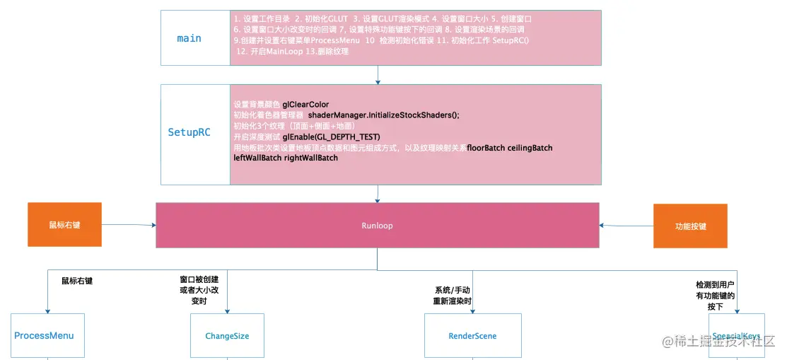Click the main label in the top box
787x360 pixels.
click(x=189, y=38)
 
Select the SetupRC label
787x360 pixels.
click(x=189, y=132)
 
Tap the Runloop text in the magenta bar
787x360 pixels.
click(x=377, y=226)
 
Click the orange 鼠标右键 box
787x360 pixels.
click(x=64, y=226)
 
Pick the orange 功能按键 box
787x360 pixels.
click(x=690, y=226)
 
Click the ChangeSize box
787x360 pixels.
click(x=227, y=335)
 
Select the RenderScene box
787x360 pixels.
click(x=472, y=335)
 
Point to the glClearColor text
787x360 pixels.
click(x=305, y=105)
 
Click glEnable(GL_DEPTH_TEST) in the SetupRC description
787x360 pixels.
click(x=331, y=137)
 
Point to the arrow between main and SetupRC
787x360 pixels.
click(x=378, y=74)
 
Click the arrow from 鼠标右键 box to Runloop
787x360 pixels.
click(x=129, y=225)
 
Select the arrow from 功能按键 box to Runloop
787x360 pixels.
click(x=626, y=225)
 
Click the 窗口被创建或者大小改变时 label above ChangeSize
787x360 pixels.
click(x=199, y=290)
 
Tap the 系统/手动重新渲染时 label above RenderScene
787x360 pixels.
click(x=452, y=295)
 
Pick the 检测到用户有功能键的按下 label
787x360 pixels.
click(x=715, y=296)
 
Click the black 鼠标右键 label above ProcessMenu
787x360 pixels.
click(x=77, y=281)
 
